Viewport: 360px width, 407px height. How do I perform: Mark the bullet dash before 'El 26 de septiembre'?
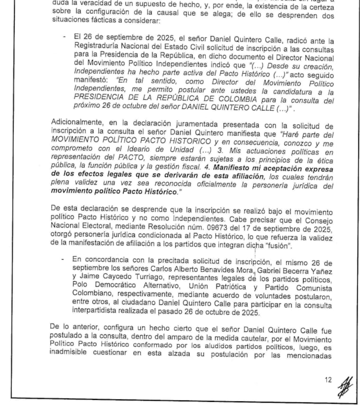[x=64, y=37]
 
